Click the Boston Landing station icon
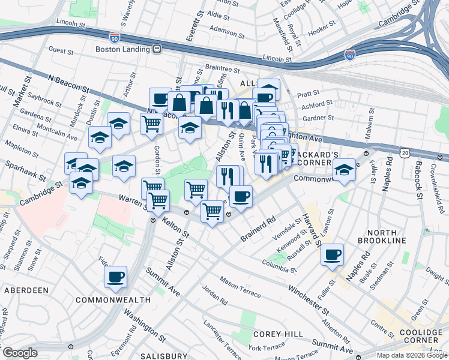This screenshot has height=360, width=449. tap(157, 49)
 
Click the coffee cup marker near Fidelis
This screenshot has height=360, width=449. tap(115, 277)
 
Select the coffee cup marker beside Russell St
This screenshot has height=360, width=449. tap(331, 254)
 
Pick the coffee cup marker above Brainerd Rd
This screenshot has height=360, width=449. tap(241, 196)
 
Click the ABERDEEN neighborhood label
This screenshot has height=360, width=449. tap(26, 290)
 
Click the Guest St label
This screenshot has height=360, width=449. tap(61, 50)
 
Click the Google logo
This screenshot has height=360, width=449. tap(20, 353)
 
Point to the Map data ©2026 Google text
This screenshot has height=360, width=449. tap(411, 355)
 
